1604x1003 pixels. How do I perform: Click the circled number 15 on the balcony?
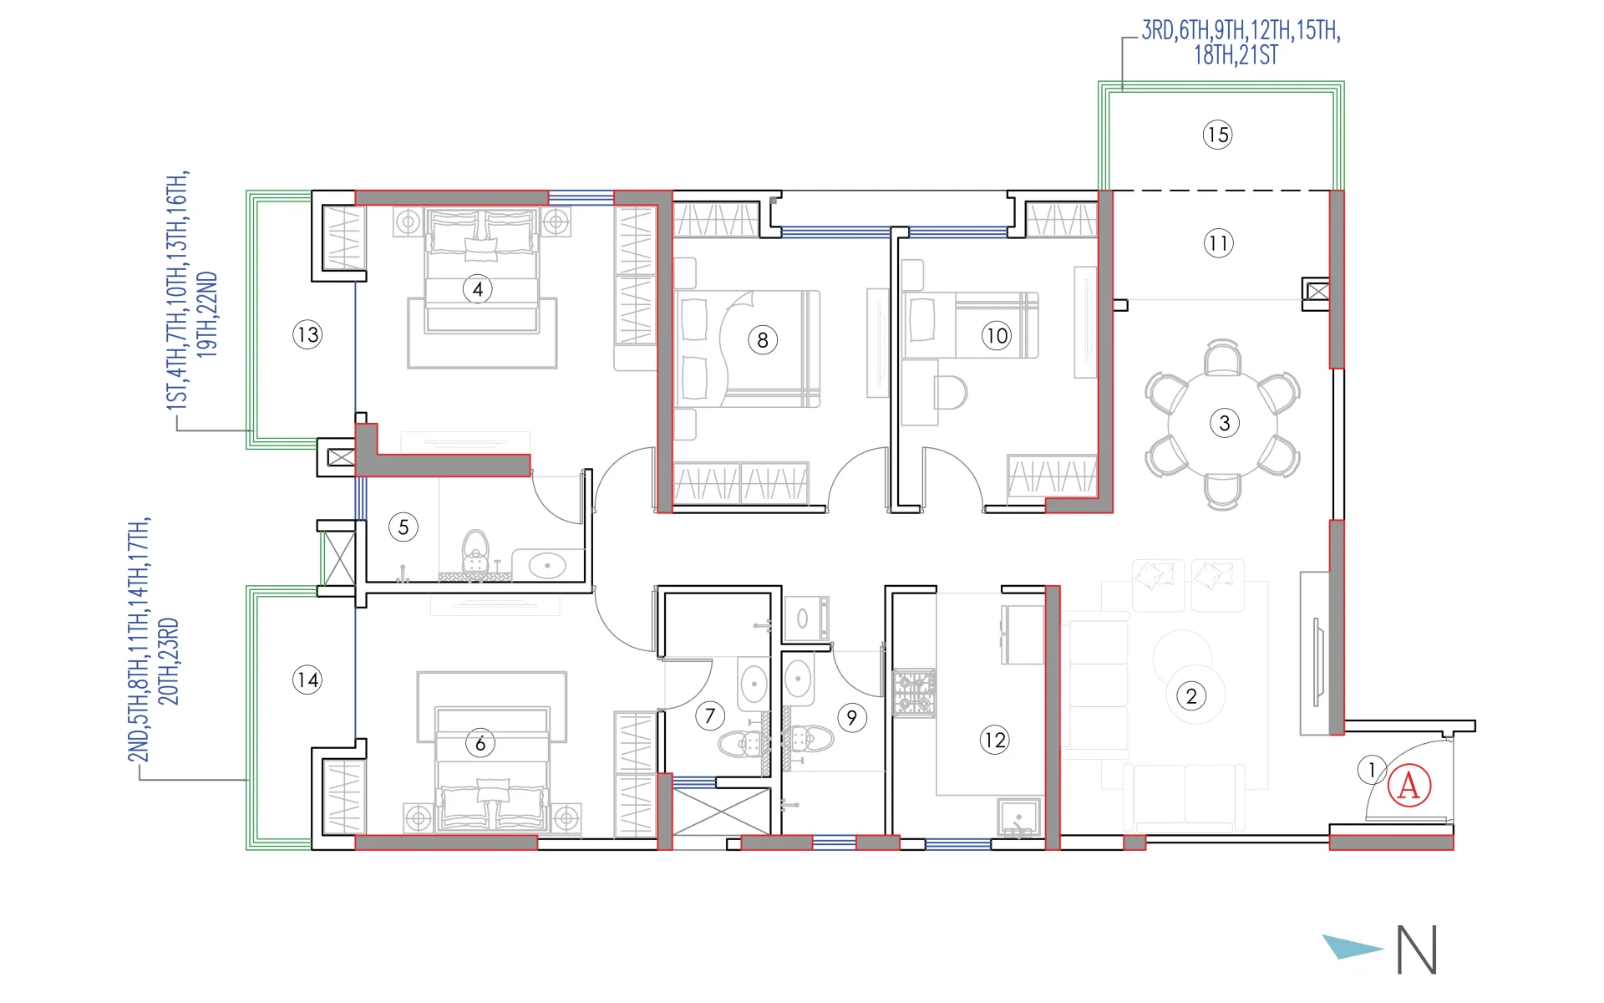point(1218,135)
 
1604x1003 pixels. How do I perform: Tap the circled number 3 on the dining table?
point(1225,423)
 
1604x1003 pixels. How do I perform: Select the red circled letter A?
point(1409,786)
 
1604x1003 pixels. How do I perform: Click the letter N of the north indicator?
point(1417,950)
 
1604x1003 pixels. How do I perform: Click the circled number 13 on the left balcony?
point(307,335)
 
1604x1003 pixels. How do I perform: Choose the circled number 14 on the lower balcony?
point(307,680)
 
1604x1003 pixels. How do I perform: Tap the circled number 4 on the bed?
point(478,289)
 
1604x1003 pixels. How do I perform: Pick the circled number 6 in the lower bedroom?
point(480,743)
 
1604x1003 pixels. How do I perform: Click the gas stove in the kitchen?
point(914,693)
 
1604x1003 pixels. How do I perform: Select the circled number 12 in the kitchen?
point(995,740)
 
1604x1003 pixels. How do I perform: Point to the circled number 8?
point(763,340)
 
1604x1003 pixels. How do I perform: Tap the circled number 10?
point(997,336)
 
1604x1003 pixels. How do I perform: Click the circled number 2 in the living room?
point(1191,696)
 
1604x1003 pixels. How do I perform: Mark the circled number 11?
point(1218,243)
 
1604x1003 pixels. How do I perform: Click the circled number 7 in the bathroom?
point(710,715)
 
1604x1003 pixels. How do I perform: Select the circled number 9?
point(852,717)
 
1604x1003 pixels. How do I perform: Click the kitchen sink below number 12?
point(1019,817)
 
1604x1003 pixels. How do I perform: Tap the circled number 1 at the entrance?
point(1372,770)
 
